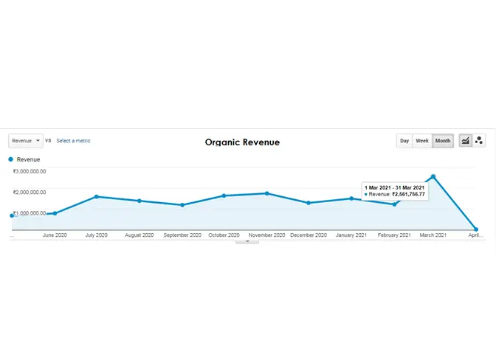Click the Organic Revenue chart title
tap(242, 142)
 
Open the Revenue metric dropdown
tap(26, 140)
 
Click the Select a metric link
tap(73, 140)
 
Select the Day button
tap(404, 140)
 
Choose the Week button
tap(421, 140)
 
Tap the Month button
tap(443, 140)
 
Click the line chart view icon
tap(466, 140)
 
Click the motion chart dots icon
tap(479, 140)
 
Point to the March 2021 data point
tap(433, 176)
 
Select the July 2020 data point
tap(97, 197)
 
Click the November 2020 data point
tap(266, 193)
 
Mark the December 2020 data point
tap(309, 203)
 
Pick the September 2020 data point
tap(182, 205)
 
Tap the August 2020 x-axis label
tap(139, 235)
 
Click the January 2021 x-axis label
tap(351, 235)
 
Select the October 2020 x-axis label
tap(224, 235)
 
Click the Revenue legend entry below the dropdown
tap(28, 159)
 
